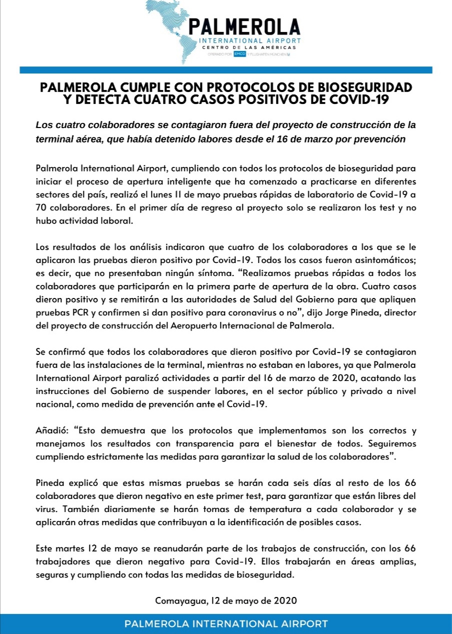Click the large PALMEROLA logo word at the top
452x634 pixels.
(244, 26)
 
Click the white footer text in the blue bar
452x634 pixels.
(226, 623)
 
